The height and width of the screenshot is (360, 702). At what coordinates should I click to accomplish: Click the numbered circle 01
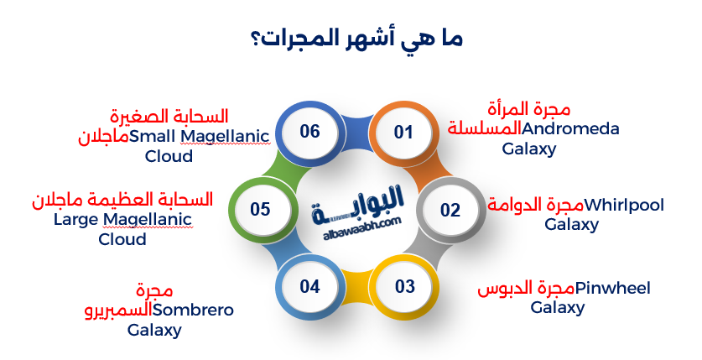[x=404, y=133]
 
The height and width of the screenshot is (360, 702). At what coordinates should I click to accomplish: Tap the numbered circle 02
[x=450, y=210]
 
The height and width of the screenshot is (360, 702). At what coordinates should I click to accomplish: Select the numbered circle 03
[x=405, y=286]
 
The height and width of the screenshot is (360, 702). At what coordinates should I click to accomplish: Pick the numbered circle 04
[x=310, y=286]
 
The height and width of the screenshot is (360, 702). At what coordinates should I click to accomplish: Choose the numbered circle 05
[x=260, y=209]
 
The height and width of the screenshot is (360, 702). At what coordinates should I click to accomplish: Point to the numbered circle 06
[x=310, y=132]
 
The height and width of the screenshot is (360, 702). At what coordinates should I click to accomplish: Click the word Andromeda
[x=570, y=129]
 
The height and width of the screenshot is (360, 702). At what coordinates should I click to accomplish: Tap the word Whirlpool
[x=624, y=205]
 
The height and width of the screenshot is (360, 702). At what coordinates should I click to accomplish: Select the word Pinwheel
[x=613, y=289]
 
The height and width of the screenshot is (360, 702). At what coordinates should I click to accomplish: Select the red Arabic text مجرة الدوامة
[x=535, y=205]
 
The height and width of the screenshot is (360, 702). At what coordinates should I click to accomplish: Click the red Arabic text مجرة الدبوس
[x=526, y=289]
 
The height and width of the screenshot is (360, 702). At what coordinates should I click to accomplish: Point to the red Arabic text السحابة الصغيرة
[x=169, y=115]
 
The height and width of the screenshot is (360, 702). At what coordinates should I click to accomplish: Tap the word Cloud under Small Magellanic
[x=169, y=156]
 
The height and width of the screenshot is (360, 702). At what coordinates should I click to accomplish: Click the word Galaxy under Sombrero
[x=154, y=330]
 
